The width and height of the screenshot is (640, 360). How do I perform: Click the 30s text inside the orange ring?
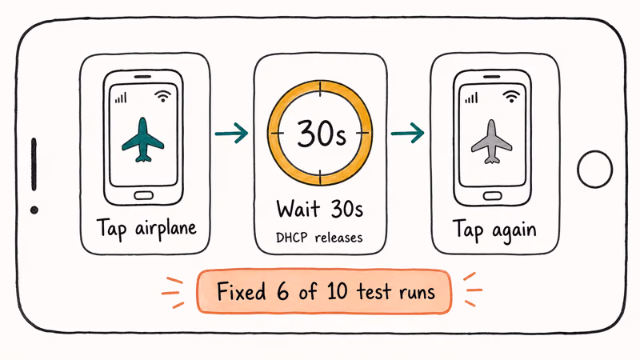click(321, 132)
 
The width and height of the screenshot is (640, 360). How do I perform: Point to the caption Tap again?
click(494, 230)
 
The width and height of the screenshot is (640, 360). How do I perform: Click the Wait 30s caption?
click(320, 210)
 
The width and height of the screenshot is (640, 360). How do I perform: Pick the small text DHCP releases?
click(320, 238)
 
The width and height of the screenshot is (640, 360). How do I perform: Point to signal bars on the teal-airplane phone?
click(122, 98)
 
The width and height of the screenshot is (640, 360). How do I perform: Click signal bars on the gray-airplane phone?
click(470, 98)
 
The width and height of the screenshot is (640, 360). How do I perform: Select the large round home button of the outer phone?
click(594, 169)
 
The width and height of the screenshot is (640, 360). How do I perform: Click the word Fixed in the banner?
click(242, 291)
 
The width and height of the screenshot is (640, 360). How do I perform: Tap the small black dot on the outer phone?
click(34, 210)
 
